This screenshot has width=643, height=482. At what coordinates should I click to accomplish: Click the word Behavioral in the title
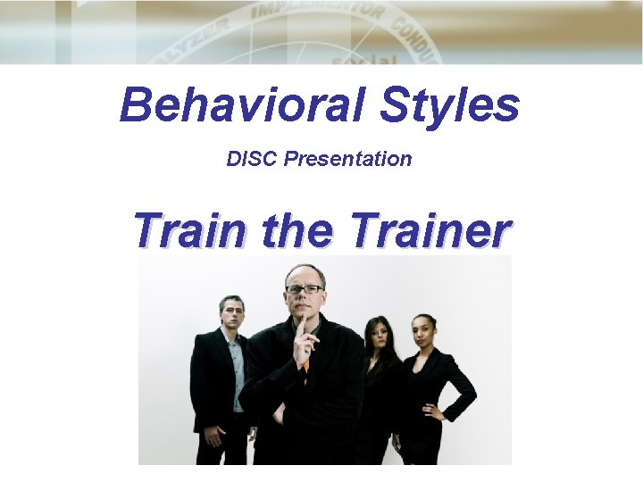[243, 105]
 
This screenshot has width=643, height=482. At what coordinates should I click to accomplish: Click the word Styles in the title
[448, 105]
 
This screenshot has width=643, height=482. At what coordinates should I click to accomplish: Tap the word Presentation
[348, 159]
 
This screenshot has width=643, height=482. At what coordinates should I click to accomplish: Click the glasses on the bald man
[304, 288]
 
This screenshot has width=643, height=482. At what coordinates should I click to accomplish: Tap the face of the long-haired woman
[378, 337]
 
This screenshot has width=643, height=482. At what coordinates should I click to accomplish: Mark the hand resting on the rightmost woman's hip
[436, 411]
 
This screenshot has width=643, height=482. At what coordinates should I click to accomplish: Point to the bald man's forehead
[304, 274]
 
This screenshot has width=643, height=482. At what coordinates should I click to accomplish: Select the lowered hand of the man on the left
[213, 436]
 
